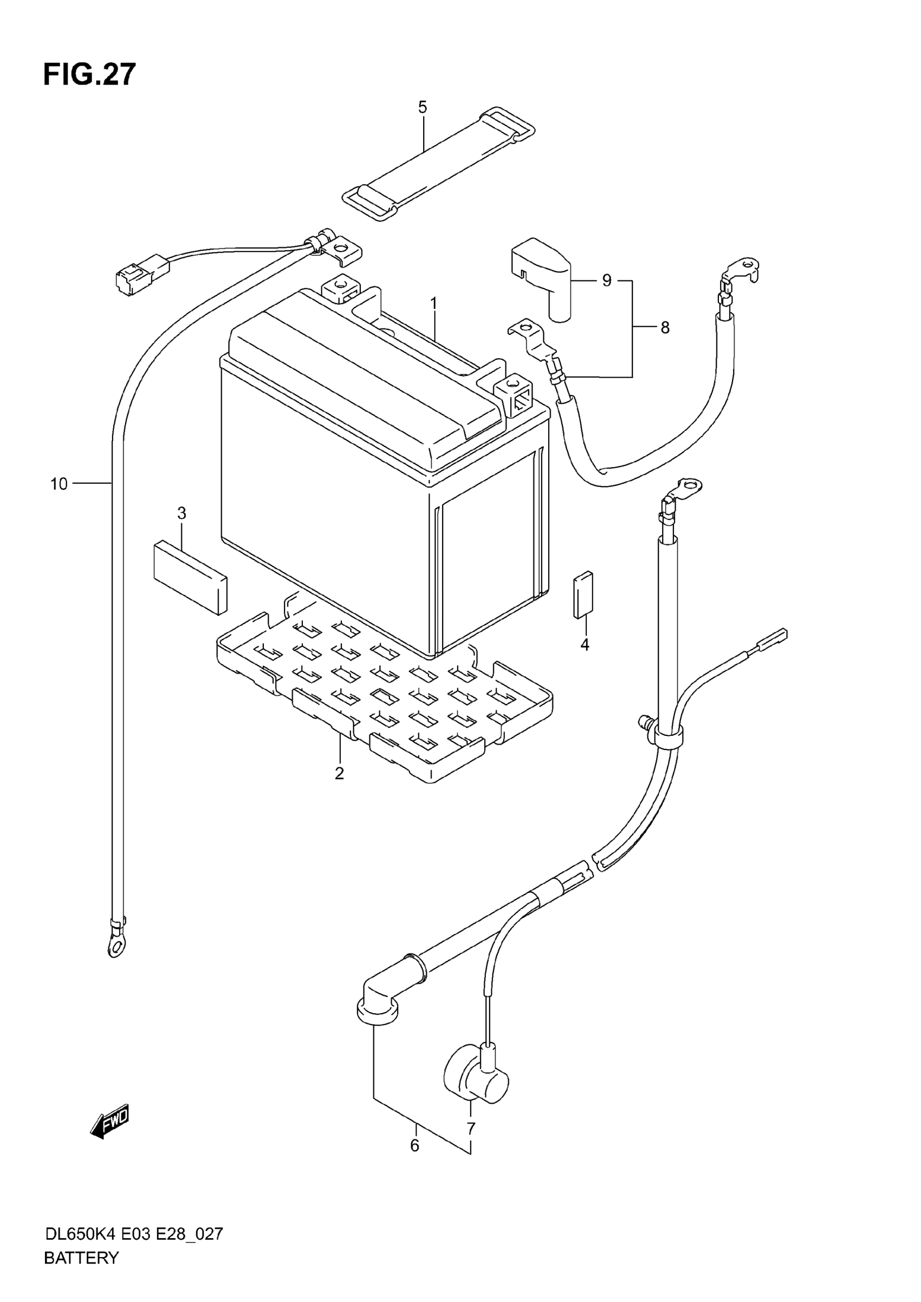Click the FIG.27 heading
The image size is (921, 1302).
(x=89, y=75)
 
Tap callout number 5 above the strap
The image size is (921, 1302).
(x=423, y=107)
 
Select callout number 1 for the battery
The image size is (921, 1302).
(x=434, y=304)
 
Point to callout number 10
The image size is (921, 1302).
(x=59, y=484)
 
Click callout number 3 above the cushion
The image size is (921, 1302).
(x=181, y=513)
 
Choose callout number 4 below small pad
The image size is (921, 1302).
(x=585, y=644)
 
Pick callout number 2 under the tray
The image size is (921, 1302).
(x=339, y=773)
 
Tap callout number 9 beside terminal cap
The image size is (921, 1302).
(x=607, y=280)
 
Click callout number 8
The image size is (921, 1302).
(x=665, y=328)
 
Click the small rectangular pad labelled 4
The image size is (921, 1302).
(x=583, y=594)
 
